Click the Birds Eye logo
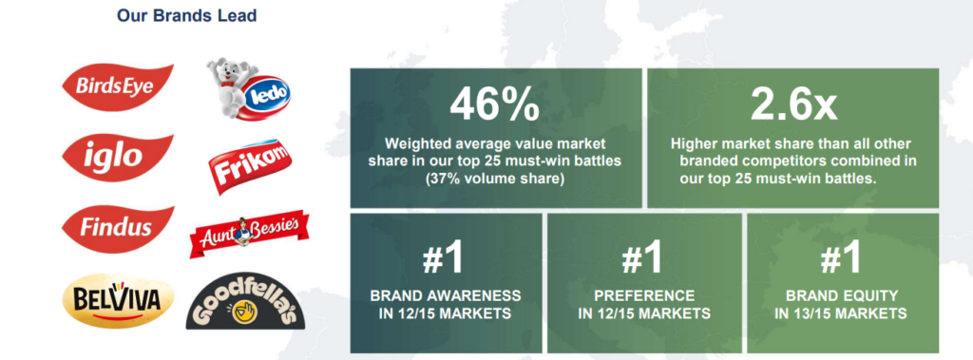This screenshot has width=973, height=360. coord(117,86)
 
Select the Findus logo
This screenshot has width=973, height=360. coord(117,228)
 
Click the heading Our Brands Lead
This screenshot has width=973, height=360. coord(187,15)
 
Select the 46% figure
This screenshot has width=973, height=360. coord(495,104)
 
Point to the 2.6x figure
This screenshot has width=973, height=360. coord(793,104)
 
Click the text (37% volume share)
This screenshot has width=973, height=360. coord(495,179)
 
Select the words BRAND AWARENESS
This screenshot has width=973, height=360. coord(445,294)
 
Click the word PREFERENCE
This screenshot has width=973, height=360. coord(644,294)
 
